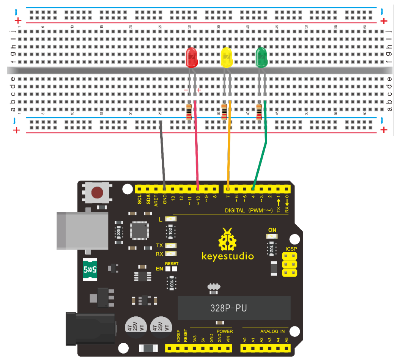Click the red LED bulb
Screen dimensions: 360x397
pyautogui.click(x=192, y=58)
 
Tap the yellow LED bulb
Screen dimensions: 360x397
pyautogui.click(x=227, y=58)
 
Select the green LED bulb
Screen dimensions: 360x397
pyautogui.click(x=262, y=58)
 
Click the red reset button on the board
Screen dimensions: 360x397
pyautogui.click(x=98, y=193)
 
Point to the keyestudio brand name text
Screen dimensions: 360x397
pyautogui.click(x=227, y=256)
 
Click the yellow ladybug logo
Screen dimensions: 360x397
pyautogui.click(x=227, y=239)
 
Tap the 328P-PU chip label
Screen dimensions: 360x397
pyautogui.click(x=228, y=308)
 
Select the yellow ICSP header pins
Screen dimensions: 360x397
pyautogui.click(x=290, y=264)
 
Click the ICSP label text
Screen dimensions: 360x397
pyautogui.click(x=291, y=249)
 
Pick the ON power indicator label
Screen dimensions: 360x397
pyautogui.click(x=272, y=230)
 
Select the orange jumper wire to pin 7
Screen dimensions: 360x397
pyautogui.click(x=229, y=152)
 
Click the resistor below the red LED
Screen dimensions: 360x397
pyautogui.click(x=189, y=112)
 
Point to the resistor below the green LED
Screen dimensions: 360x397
pyautogui.click(x=259, y=112)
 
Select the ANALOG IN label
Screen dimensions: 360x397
pyautogui.click(x=272, y=331)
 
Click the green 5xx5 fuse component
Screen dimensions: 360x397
pyautogui.click(x=90, y=270)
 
